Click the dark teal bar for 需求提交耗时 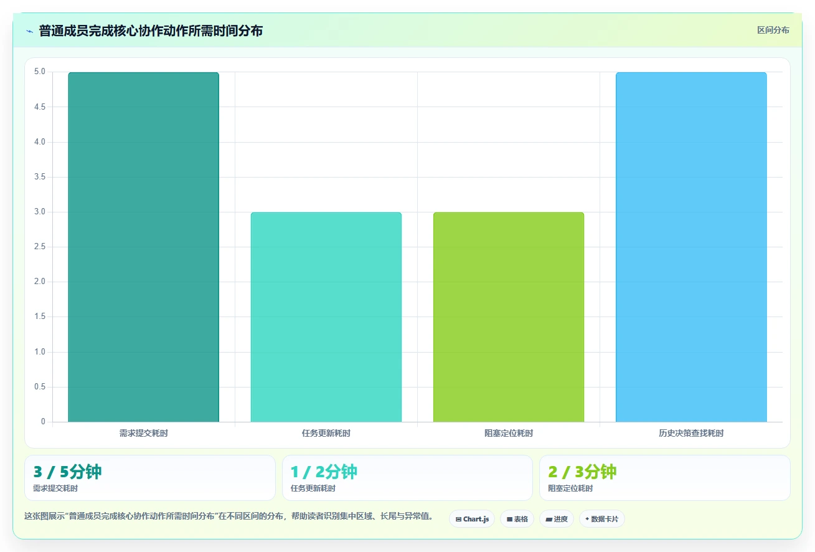tap(144, 247)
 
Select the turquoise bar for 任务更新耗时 tap(326, 317)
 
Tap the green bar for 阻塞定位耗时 tap(509, 317)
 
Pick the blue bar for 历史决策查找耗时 tap(691, 247)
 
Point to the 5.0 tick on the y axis tap(40, 72)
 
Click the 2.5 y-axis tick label tap(40, 247)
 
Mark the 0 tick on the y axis tap(43, 422)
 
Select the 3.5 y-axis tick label tap(40, 177)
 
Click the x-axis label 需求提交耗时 tap(144, 433)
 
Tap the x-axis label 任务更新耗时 tap(326, 433)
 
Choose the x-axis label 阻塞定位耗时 tap(509, 433)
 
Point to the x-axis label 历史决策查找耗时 tap(691, 433)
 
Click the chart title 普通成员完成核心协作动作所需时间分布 tap(151, 31)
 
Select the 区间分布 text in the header tap(773, 31)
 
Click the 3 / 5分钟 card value tap(67, 472)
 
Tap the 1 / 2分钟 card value tap(324, 472)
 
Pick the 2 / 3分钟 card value tap(582, 472)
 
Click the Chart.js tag tap(472, 519)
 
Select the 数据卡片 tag tap(602, 519)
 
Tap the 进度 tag tap(557, 519)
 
